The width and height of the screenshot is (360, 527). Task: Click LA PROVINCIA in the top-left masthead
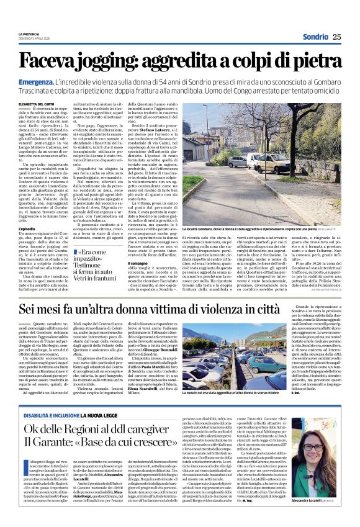tap(29, 32)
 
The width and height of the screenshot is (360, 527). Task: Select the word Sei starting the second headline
tap(27, 309)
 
